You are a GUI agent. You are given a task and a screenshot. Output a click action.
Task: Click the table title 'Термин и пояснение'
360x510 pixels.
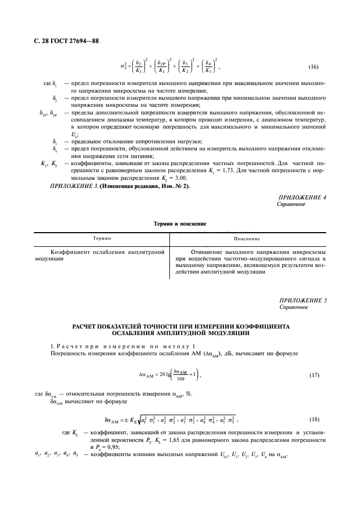pos(180,224)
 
